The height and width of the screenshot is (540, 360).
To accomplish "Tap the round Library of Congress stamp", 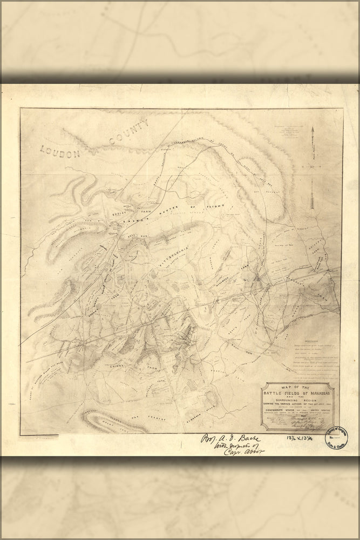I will click(341, 434).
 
